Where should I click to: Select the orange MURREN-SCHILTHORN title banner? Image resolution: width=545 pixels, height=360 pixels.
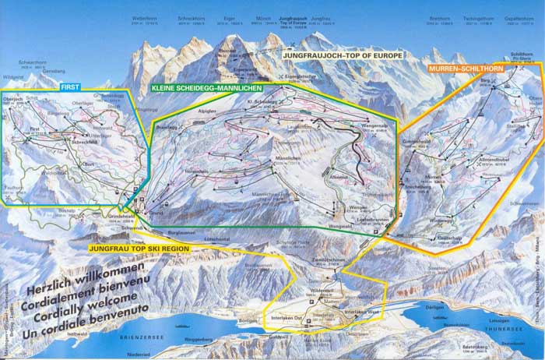click(x=465, y=69)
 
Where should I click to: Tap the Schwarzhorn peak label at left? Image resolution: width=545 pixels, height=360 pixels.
click(x=32, y=66)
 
